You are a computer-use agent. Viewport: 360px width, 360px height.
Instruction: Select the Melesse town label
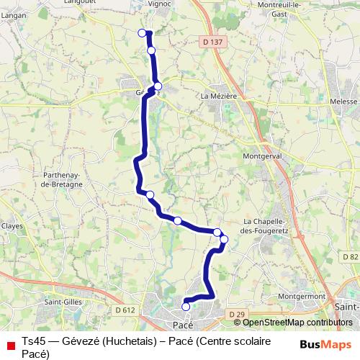343,102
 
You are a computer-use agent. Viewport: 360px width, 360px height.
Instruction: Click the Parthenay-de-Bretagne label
62,179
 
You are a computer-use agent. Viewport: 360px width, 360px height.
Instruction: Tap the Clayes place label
12,225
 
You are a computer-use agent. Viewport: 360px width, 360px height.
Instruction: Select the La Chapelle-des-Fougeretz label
266,225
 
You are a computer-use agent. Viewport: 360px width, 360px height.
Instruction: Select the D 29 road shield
236,315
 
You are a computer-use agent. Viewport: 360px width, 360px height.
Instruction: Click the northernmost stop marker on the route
142,32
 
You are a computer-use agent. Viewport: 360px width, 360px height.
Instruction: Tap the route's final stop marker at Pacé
186,307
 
